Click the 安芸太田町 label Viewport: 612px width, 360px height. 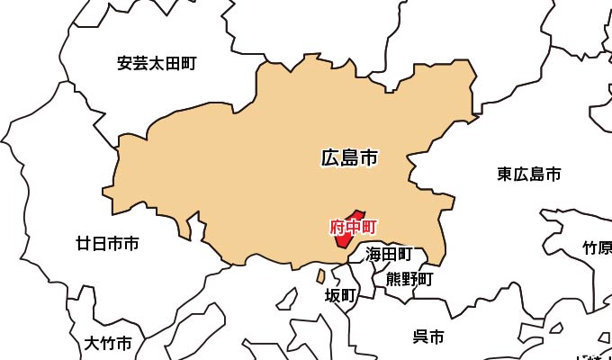tap(157, 64)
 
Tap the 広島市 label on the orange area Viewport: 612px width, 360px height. tap(349, 159)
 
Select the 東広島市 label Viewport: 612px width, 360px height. tap(529, 175)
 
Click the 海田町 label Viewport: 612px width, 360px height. tap(389, 256)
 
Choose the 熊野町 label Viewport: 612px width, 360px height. tap(409, 279)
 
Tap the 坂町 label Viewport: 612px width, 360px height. tap(341, 295)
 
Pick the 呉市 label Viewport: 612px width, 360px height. tap(428, 337)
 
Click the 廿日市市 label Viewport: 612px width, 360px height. tap(107, 243)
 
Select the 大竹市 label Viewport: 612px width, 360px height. tap(108, 343)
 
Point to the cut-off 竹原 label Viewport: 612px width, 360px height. tap(597, 247)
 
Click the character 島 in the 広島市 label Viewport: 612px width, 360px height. tap(349, 159)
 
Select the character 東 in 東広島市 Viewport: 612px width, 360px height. tap(505, 175)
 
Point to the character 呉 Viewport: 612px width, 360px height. tap(420, 337)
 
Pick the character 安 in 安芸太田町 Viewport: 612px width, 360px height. tap(125, 64)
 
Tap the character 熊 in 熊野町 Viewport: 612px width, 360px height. tap(394, 279)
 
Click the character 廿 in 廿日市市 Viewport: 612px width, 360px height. tap(84, 243)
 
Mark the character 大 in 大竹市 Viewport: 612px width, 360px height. tap(92, 343)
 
